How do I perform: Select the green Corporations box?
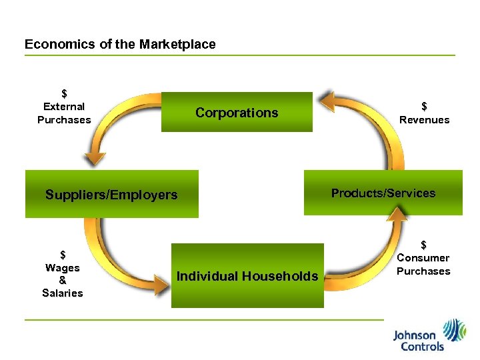tap(237, 112)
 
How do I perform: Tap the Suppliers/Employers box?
tap(111, 195)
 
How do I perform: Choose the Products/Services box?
tap(383, 193)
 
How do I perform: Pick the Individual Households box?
tap(247, 276)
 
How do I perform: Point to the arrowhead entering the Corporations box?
tap(326, 101)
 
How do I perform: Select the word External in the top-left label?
tap(64, 107)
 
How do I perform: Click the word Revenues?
tap(424, 120)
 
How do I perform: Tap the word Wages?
tap(63, 268)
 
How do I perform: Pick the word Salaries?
tap(63, 293)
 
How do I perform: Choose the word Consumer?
tap(423, 258)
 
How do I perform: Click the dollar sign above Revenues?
tap(424, 106)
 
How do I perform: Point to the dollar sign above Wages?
tap(63, 255)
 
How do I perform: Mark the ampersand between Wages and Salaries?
tap(63, 281)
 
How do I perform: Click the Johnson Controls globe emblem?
tap(455, 331)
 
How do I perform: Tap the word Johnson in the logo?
tap(414, 335)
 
